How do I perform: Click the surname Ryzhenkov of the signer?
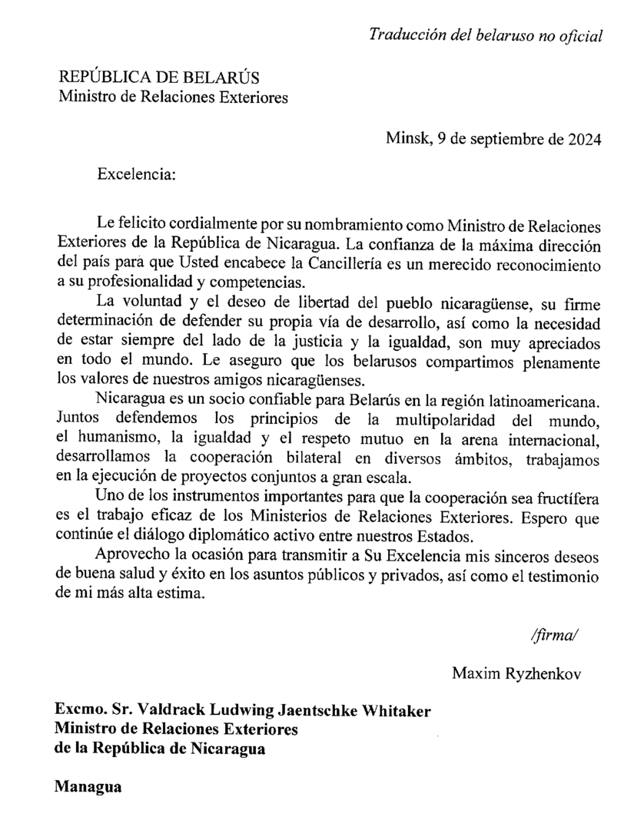[550, 673]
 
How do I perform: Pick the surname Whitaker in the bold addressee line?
[393, 710]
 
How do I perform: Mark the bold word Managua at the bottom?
[88, 786]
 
